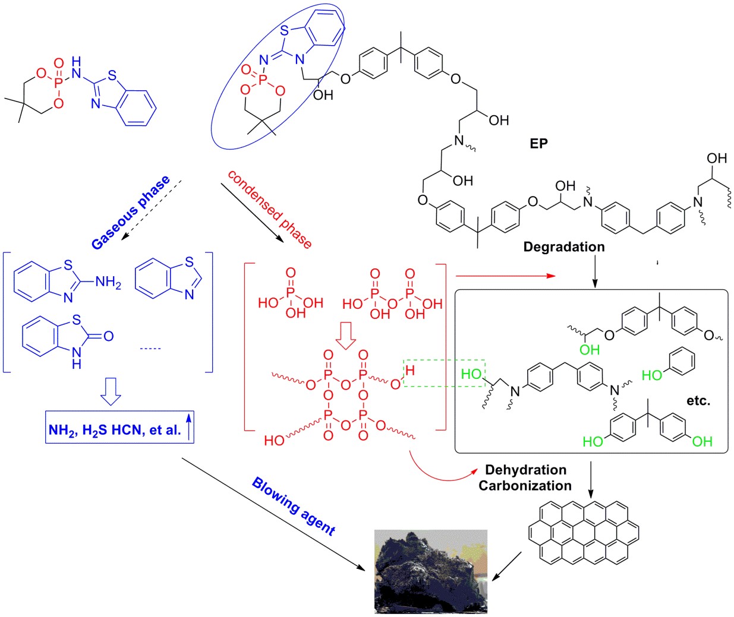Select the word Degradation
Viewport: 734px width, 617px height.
[x=564, y=246]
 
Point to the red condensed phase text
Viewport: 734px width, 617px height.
[x=270, y=210]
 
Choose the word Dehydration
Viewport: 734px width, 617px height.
[x=525, y=470]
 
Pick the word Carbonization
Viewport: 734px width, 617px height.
[x=525, y=486]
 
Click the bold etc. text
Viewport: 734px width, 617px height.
[x=698, y=401]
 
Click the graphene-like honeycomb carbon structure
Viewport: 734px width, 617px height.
[x=584, y=532]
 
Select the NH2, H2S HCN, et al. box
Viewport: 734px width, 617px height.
[x=119, y=426]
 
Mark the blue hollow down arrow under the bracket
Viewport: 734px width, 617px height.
[x=111, y=392]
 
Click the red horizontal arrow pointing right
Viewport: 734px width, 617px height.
[x=506, y=276]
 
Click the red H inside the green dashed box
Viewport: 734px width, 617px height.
[x=410, y=370]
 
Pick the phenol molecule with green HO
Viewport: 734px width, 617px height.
[x=668, y=365]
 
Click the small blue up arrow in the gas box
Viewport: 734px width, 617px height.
[x=189, y=426]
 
